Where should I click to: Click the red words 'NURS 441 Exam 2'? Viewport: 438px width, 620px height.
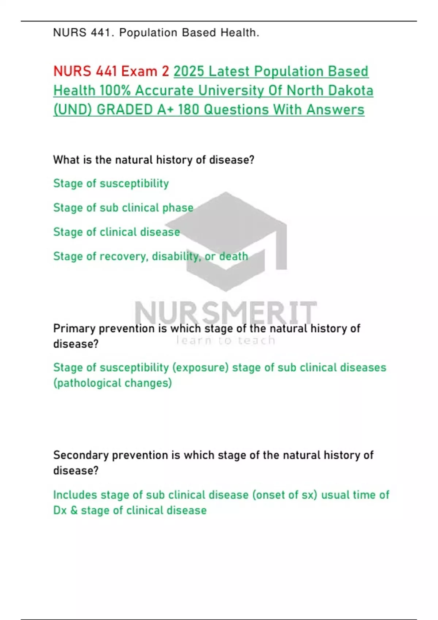click(111, 71)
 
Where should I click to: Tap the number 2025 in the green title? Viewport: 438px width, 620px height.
click(189, 71)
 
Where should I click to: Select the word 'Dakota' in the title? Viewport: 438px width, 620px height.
click(350, 90)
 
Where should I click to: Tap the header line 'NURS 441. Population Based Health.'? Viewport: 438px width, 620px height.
click(156, 33)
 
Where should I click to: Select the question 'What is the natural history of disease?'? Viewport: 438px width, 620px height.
click(154, 160)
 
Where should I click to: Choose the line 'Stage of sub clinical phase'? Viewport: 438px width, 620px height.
click(123, 208)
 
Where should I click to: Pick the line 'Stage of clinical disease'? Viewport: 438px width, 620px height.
click(117, 232)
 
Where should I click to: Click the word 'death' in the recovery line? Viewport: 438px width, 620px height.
click(234, 256)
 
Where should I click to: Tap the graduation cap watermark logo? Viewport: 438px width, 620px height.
click(226, 241)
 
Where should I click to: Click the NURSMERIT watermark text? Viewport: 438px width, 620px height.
click(226, 313)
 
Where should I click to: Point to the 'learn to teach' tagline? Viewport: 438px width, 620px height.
click(226, 340)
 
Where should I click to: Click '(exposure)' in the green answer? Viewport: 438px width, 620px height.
click(201, 368)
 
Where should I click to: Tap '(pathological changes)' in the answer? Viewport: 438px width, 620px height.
click(112, 383)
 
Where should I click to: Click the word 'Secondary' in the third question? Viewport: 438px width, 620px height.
click(81, 455)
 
